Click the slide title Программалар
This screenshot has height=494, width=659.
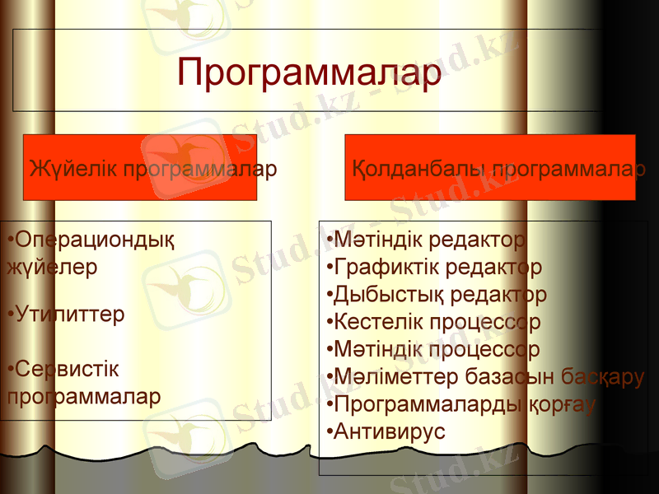point(309,72)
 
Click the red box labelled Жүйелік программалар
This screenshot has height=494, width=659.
point(140,169)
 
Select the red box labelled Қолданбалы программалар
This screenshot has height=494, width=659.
point(490,169)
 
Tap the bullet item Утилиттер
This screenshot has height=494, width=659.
point(66,315)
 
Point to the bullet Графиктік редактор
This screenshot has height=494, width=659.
point(434,268)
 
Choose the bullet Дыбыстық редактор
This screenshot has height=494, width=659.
point(437,295)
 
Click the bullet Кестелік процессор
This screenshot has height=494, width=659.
point(434,322)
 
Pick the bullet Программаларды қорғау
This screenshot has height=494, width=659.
point(461,404)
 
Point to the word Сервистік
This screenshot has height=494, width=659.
point(66,368)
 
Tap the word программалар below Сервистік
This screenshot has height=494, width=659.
point(83,395)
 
